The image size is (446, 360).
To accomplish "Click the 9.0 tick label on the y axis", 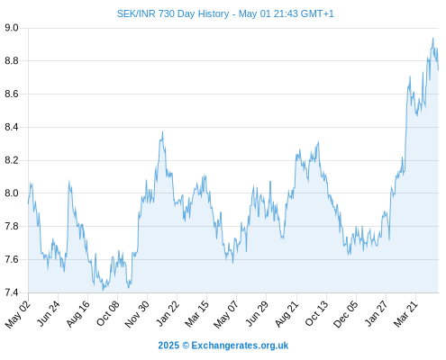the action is [12, 28].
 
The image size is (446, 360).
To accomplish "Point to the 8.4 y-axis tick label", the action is [12, 128].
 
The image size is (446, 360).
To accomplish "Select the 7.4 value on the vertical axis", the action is [12, 292].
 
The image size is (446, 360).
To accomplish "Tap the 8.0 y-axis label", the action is [12, 193].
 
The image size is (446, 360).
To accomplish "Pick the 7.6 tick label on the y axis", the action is [12, 259].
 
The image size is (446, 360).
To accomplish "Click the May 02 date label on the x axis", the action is [18, 314].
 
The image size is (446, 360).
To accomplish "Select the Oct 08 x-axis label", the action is [107, 313].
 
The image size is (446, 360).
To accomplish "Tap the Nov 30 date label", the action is [137, 314].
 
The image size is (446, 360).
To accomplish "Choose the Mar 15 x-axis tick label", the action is [196, 314].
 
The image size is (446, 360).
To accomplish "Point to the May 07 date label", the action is [225, 314].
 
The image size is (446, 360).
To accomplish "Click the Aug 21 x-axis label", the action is [287, 314].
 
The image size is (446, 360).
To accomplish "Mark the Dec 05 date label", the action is [346, 314].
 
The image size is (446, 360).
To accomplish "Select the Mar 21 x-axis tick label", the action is [405, 314].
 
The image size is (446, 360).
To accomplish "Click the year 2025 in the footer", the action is [168, 346].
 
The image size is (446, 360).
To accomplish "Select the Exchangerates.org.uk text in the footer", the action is [240, 346].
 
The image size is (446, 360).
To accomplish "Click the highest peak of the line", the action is [432, 38].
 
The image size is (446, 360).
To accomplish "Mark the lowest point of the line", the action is [103, 290].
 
